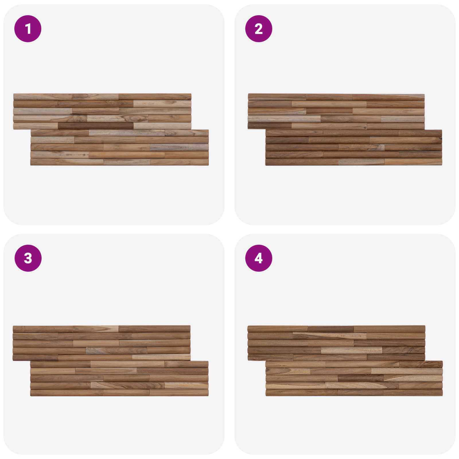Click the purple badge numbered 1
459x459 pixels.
28,29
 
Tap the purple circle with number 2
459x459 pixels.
258,29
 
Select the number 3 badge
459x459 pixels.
28,258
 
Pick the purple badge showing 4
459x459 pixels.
258,258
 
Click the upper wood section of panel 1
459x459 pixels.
102,111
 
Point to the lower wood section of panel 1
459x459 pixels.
120,147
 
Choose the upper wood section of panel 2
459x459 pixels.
336,111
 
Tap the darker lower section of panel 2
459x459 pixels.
354,147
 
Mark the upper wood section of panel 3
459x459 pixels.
102,343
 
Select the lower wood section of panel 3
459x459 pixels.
119,379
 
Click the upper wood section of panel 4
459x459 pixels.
336,343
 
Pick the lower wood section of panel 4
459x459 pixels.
354,379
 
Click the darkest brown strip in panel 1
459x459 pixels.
96,126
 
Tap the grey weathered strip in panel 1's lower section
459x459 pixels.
179,147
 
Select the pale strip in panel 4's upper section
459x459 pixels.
351,350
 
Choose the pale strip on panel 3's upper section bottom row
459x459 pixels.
161,357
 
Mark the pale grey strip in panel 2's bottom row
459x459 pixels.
361,162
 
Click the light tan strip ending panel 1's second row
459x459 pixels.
162,104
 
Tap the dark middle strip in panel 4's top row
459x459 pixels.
331,329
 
